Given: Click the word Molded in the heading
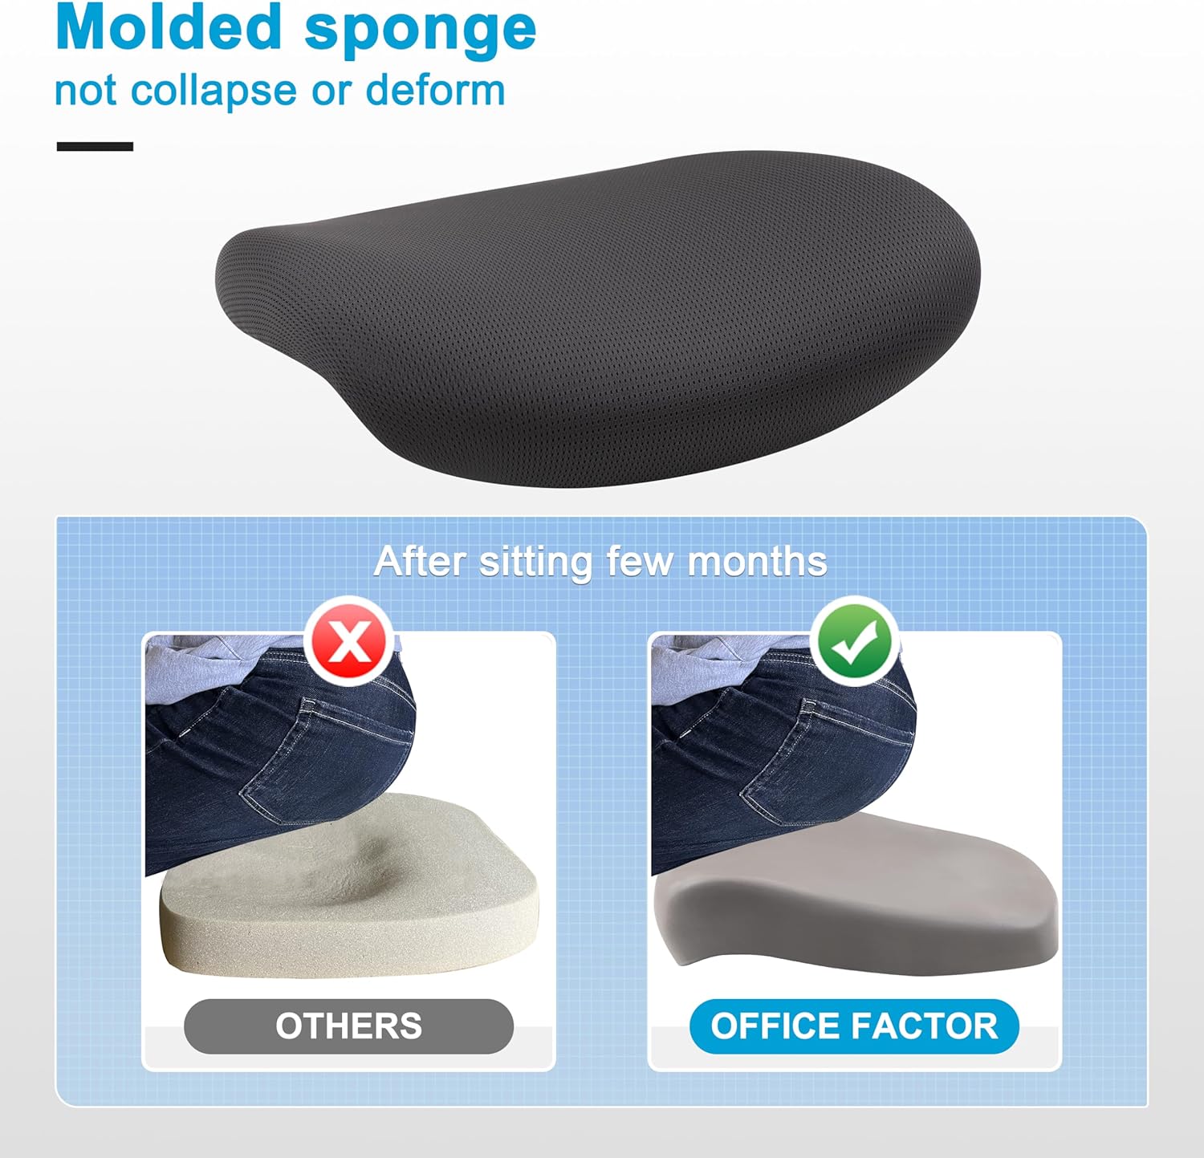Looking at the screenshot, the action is coord(169,28).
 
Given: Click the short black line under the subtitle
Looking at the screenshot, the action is coord(95,146).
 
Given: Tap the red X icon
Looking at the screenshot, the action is coord(349,641).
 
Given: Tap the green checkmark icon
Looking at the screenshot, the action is coord(855,641).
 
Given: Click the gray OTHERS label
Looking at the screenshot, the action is coord(348,1026).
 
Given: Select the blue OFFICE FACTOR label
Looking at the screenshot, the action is coord(854,1026).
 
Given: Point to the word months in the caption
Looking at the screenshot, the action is coord(757,561).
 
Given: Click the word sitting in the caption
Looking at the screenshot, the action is coord(535,563).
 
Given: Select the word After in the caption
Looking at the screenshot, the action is coord(420,561).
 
